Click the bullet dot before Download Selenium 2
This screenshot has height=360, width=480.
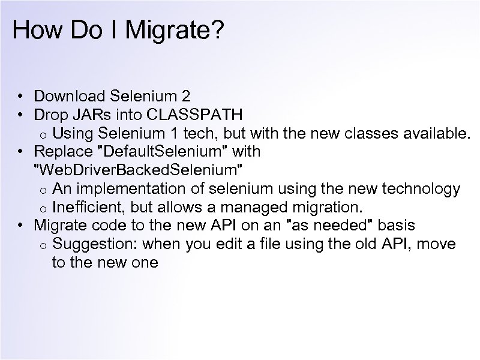coord(20,97)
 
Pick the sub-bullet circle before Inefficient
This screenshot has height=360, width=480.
coord(43,209)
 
